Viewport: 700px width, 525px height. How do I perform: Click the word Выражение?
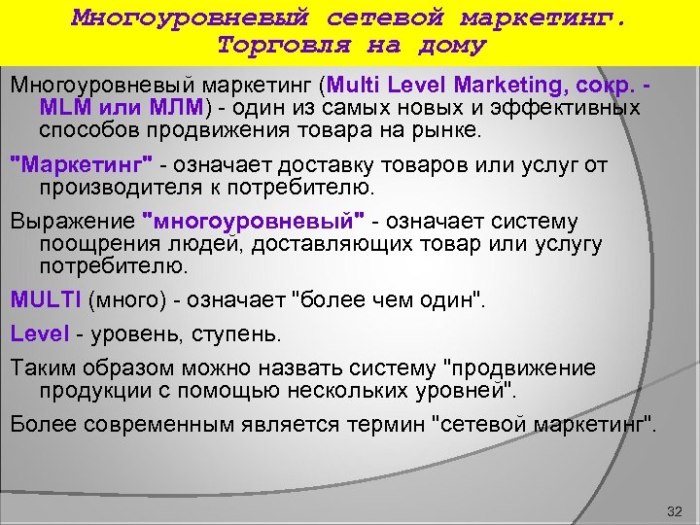tap(73, 220)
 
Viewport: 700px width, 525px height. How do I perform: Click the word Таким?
tap(41, 368)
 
